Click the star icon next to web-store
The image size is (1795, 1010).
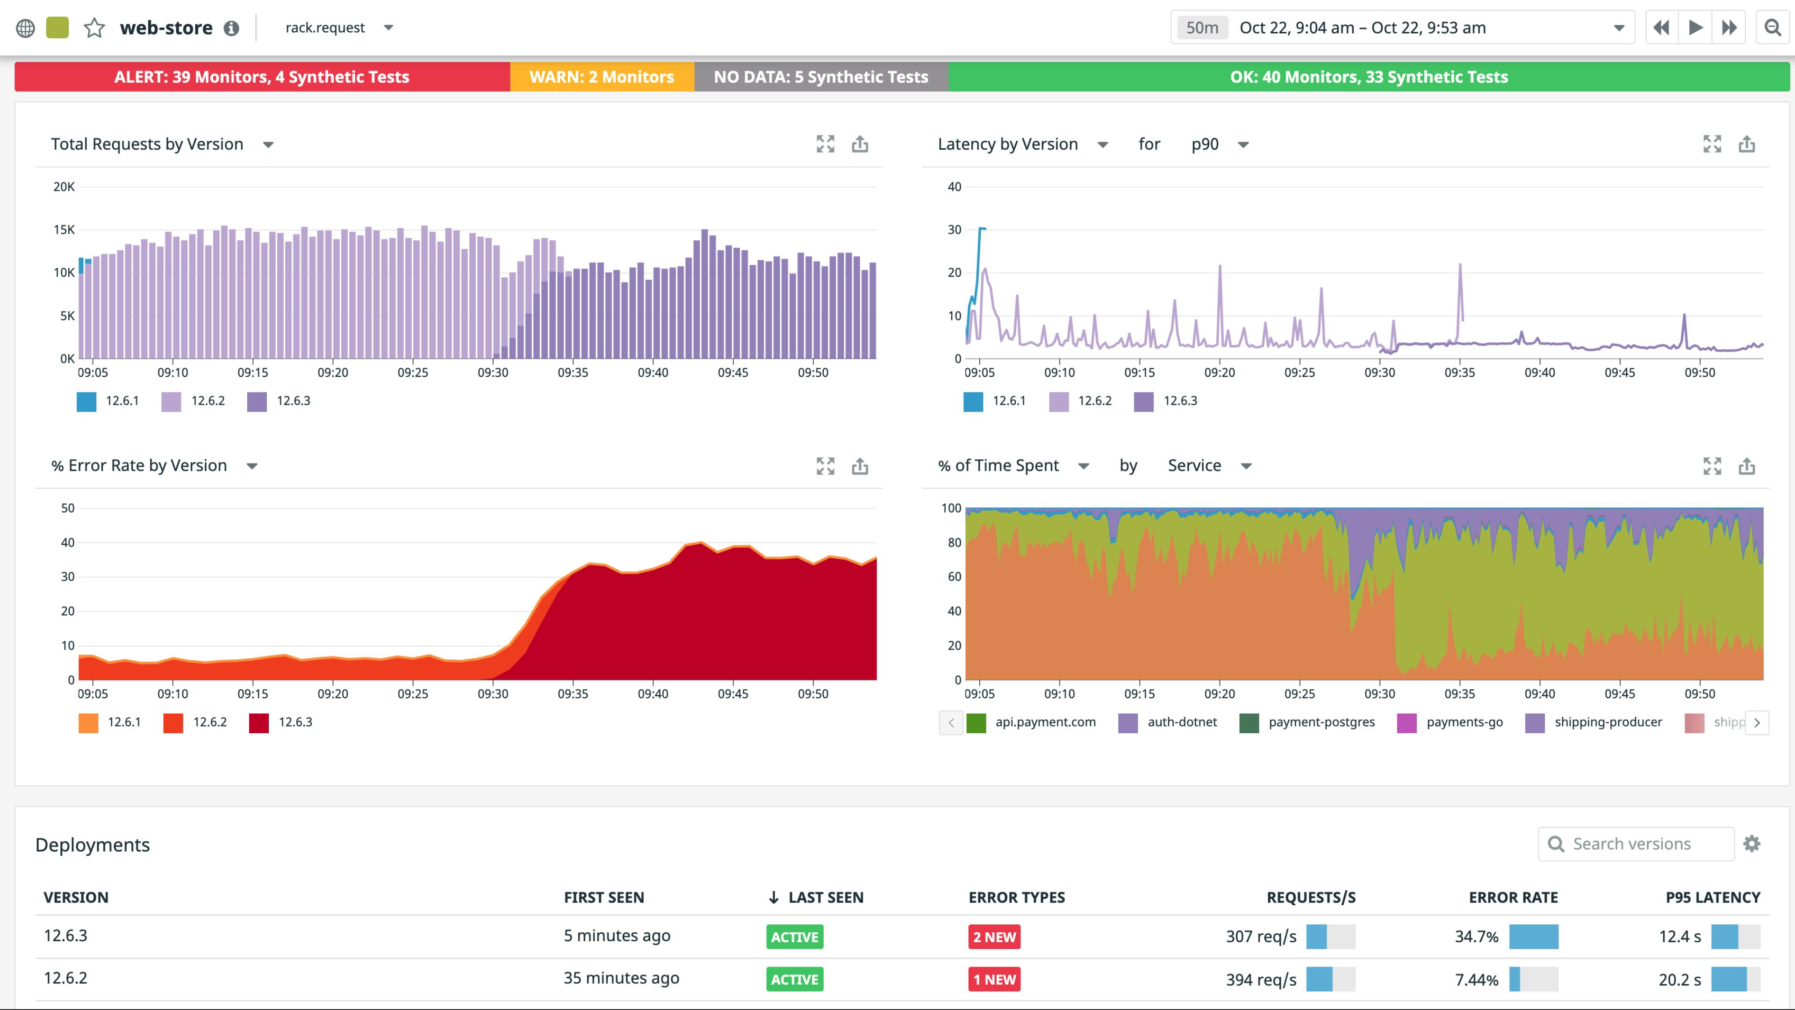click(x=94, y=28)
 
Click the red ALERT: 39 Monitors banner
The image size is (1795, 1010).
click(x=262, y=77)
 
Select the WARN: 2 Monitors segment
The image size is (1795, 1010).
click(x=601, y=77)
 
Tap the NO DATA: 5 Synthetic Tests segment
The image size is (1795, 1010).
click(x=821, y=77)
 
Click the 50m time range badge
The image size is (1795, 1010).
click(x=1202, y=28)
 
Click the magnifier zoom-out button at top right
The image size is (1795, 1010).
click(x=1772, y=28)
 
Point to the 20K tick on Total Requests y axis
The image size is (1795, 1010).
click(x=64, y=187)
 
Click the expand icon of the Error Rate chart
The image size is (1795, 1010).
click(x=825, y=466)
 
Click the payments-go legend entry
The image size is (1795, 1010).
click(x=1451, y=722)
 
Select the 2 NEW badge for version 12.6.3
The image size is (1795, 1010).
click(x=994, y=937)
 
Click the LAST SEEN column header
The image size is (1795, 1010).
click(x=825, y=898)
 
